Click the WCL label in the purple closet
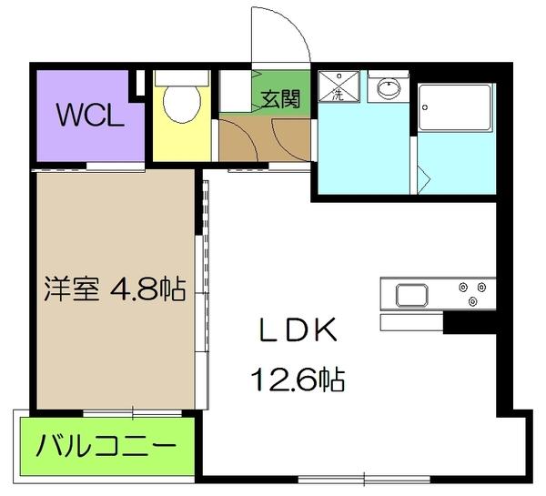[x=87, y=116]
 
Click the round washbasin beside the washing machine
[x=390, y=89]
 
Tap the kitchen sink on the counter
[x=411, y=296]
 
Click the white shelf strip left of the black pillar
[x=410, y=323]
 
